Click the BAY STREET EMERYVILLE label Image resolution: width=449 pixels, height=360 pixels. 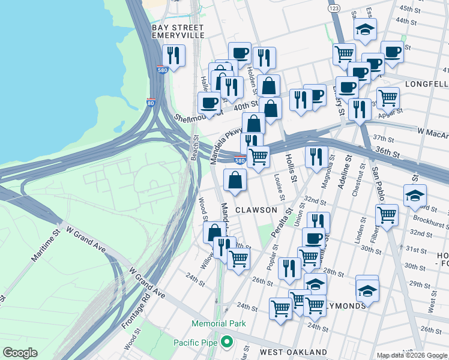coord(178,32)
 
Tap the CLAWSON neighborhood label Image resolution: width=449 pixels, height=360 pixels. coord(256,210)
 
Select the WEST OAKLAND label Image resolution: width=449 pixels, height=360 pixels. coord(293,352)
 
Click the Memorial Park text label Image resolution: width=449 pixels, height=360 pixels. coord(219,323)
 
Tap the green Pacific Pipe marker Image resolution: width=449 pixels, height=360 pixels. coord(226,342)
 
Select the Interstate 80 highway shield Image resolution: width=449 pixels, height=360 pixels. coord(151,103)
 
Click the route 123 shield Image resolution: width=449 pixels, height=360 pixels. coord(334,9)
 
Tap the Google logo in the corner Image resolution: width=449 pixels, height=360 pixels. coord(20,353)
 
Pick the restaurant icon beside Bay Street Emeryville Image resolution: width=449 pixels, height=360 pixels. coord(173,56)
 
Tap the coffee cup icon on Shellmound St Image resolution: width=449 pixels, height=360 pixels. coord(209,103)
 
